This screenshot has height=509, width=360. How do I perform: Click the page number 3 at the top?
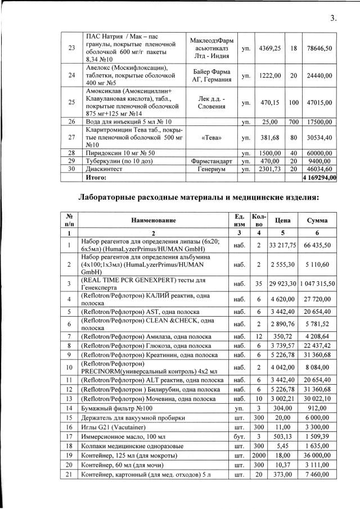coord(333,18)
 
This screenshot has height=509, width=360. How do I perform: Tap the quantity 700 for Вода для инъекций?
coord(292,121)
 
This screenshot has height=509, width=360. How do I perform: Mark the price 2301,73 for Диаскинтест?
coord(269,168)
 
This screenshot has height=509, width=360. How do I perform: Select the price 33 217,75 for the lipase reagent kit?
coord(279,245)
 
